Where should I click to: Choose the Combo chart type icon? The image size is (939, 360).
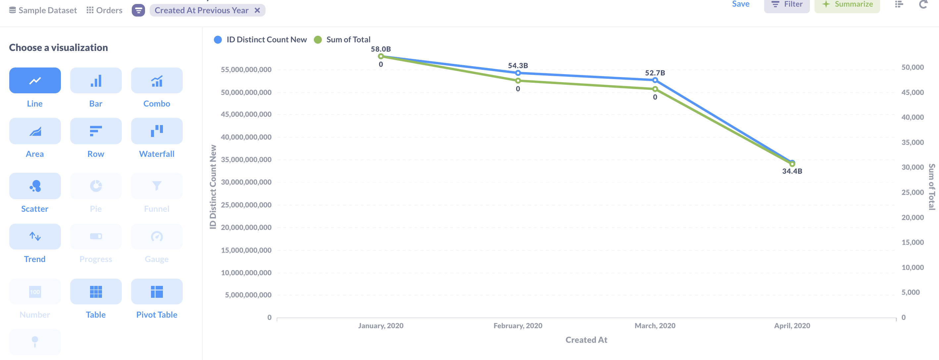157,80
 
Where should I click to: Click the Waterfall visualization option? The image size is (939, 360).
157,131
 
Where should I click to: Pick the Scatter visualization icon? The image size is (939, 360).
35,186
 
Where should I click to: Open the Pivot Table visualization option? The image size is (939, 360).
157,292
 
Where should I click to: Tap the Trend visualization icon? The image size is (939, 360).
35,237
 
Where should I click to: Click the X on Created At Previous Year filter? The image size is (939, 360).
257,10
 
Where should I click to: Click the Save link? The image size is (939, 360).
740,4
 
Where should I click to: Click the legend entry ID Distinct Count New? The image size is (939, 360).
266,39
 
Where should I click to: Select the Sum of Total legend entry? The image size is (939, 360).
348,39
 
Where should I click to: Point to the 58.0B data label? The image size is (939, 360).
380,49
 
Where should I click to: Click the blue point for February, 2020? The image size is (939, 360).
518,73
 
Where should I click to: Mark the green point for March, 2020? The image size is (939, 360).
655,89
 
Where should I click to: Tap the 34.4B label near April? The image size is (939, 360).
792,171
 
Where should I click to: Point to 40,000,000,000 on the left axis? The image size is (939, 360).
246,137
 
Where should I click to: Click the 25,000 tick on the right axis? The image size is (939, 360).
913,192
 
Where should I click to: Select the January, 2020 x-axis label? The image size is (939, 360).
380,325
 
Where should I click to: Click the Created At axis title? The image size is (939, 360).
586,339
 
